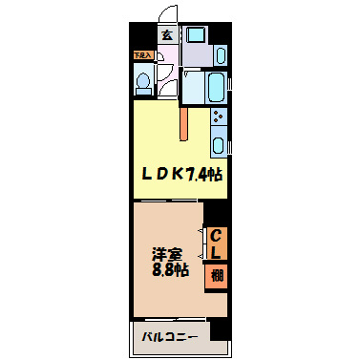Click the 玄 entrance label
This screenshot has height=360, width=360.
point(166,35)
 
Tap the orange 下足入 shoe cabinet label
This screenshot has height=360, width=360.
point(141,56)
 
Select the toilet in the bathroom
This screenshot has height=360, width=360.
point(143,84)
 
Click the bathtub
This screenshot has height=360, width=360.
point(215,88)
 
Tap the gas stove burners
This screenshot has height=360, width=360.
point(219,118)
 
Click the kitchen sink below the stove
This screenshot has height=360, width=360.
point(219,145)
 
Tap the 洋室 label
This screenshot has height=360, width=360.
point(166,255)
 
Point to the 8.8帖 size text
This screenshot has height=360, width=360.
point(169,272)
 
